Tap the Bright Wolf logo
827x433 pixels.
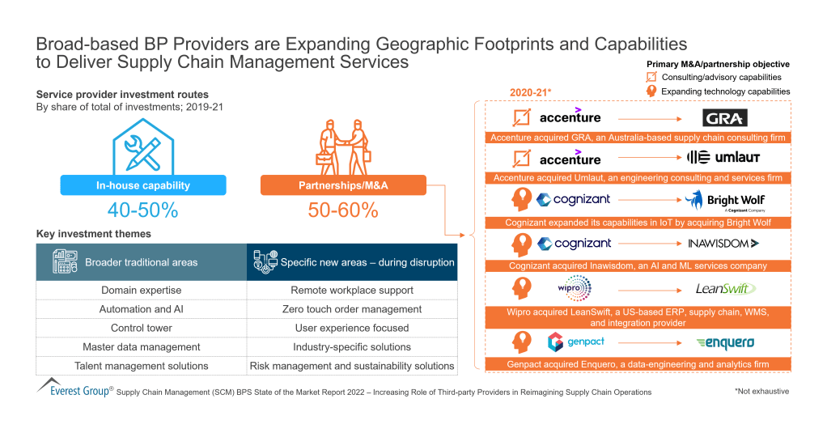[724, 200]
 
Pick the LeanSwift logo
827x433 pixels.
[723, 288]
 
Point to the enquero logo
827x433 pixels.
[725, 342]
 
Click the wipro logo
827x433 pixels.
[575, 287]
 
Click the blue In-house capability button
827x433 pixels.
[142, 185]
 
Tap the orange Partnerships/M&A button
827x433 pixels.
[342, 185]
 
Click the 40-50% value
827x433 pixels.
[142, 211]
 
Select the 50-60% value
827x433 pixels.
[342, 211]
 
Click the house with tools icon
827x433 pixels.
[142, 146]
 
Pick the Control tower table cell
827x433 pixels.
[141, 328]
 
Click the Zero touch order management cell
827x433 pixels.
[352, 309]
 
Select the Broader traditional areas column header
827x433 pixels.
[141, 261]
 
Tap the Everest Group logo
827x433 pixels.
[74, 386]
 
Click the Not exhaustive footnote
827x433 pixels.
[761, 391]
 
